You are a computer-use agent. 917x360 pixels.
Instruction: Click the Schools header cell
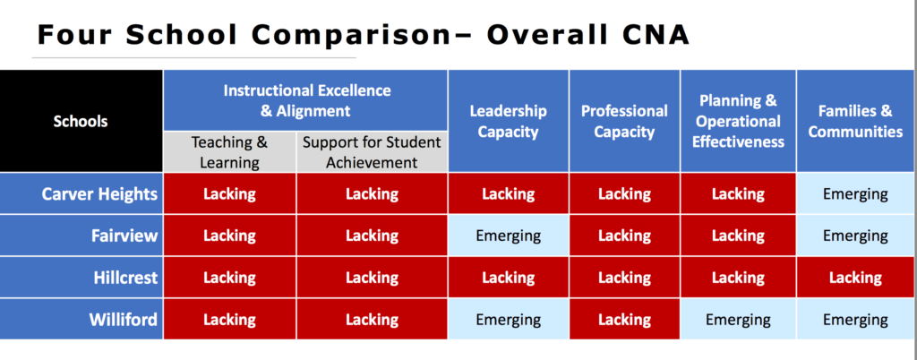(x=81, y=121)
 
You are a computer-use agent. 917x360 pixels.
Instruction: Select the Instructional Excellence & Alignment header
(x=305, y=100)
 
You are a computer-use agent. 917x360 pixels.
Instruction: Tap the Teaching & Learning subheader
(x=230, y=152)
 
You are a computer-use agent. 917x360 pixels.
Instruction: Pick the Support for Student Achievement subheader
(x=372, y=152)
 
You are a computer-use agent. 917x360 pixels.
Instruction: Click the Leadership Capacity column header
(x=509, y=121)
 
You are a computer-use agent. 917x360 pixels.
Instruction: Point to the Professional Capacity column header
(x=624, y=121)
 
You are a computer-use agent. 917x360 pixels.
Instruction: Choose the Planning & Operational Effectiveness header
(x=738, y=121)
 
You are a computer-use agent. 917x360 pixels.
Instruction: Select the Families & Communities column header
(x=856, y=121)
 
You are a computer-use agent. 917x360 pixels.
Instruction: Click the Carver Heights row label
(x=81, y=193)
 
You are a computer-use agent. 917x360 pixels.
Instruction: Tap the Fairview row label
(x=81, y=236)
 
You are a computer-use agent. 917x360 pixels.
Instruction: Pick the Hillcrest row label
(x=81, y=278)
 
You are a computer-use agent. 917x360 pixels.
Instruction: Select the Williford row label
(x=81, y=319)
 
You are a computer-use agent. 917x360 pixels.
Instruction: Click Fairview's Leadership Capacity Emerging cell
(x=509, y=236)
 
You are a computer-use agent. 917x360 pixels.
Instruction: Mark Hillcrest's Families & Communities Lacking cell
(x=856, y=278)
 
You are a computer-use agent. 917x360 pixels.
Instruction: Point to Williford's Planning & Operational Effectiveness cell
(x=738, y=319)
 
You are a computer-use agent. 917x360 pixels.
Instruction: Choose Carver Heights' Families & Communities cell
(x=856, y=193)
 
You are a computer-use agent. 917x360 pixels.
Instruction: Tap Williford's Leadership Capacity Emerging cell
(x=509, y=319)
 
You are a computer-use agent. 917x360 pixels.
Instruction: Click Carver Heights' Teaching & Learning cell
(x=230, y=193)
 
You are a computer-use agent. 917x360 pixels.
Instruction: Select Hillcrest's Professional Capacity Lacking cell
(x=624, y=278)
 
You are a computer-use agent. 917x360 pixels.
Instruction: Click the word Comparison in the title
(x=349, y=36)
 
